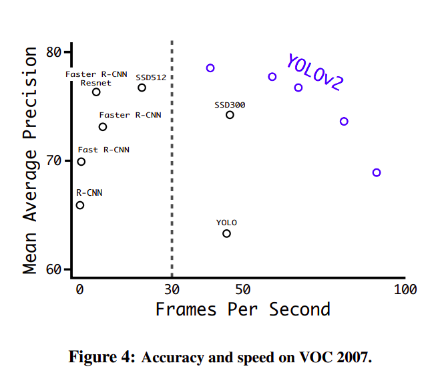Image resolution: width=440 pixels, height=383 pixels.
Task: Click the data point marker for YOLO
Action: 226,233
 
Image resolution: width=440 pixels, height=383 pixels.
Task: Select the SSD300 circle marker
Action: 230,115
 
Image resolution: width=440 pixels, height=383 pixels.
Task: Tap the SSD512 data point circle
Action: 142,88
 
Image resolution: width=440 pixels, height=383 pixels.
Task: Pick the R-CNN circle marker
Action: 80,205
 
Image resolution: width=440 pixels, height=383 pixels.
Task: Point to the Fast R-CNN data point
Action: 81,162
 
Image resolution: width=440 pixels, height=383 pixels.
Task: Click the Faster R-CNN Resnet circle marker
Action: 96,92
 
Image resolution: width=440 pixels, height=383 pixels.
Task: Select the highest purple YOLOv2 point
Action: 210,68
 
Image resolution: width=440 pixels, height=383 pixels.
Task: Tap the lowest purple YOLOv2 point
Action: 377,172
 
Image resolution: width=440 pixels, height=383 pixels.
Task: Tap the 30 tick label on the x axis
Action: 172,289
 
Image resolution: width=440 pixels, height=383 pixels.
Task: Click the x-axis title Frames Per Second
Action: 242,310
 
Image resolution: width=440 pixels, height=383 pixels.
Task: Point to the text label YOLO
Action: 226,223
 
